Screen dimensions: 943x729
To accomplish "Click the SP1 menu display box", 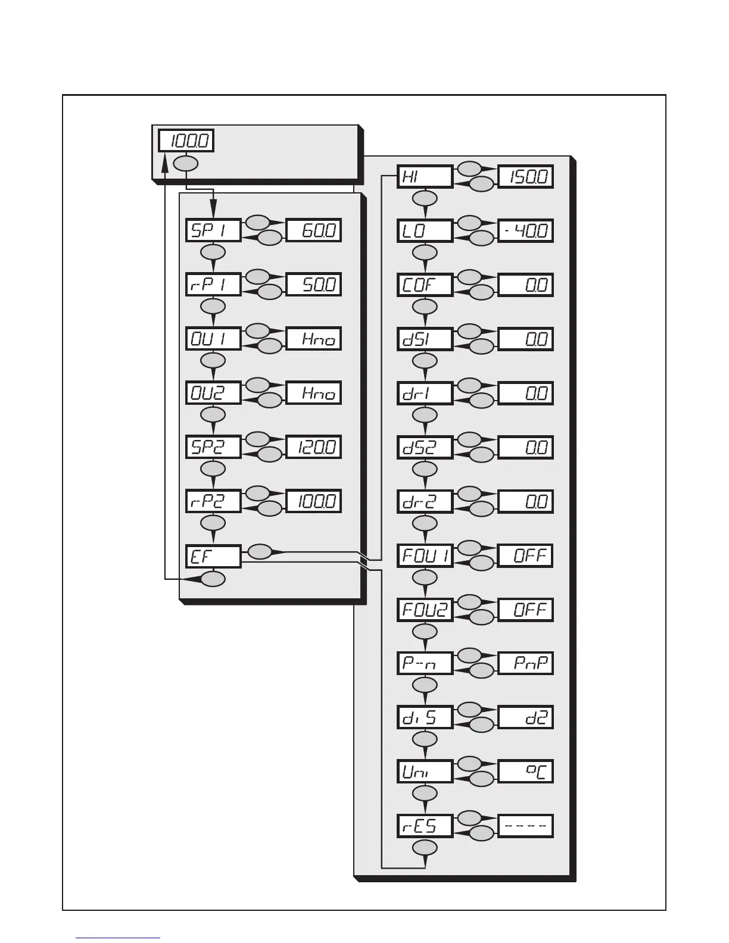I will pyautogui.click(x=213, y=230).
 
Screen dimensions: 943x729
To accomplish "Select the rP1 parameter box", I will pyautogui.click(x=213, y=285).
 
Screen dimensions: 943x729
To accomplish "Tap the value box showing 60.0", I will pyautogui.click(x=314, y=230).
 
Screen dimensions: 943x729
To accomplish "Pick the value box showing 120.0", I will pyautogui.click(x=314, y=447).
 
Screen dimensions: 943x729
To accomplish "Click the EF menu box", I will pyautogui.click(x=213, y=556).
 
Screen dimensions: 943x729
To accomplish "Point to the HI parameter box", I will pyautogui.click(x=425, y=177).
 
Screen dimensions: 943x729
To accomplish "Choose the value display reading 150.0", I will pyautogui.click(x=526, y=177).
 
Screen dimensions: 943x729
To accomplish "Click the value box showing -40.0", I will pyautogui.click(x=526, y=231).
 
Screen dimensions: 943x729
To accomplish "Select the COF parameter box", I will pyautogui.click(x=425, y=285).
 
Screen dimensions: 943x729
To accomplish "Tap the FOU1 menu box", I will pyautogui.click(x=425, y=555).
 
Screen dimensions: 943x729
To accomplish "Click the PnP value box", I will pyautogui.click(x=526, y=663).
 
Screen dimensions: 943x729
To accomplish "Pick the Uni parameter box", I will pyautogui.click(x=425, y=772).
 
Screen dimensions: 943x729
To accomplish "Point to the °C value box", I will pyautogui.click(x=526, y=772).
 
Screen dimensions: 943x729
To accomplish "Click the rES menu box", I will pyautogui.click(x=425, y=826).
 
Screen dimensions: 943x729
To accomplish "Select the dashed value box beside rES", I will pyautogui.click(x=526, y=826).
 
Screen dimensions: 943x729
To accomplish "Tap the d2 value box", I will pyautogui.click(x=526, y=718).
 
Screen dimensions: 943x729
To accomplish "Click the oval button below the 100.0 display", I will pyautogui.click(x=185, y=163).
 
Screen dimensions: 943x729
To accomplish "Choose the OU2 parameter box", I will pyautogui.click(x=213, y=393).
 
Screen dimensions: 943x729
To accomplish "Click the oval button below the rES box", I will pyautogui.click(x=425, y=848).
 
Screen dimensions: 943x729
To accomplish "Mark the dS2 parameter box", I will pyautogui.click(x=425, y=447).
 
